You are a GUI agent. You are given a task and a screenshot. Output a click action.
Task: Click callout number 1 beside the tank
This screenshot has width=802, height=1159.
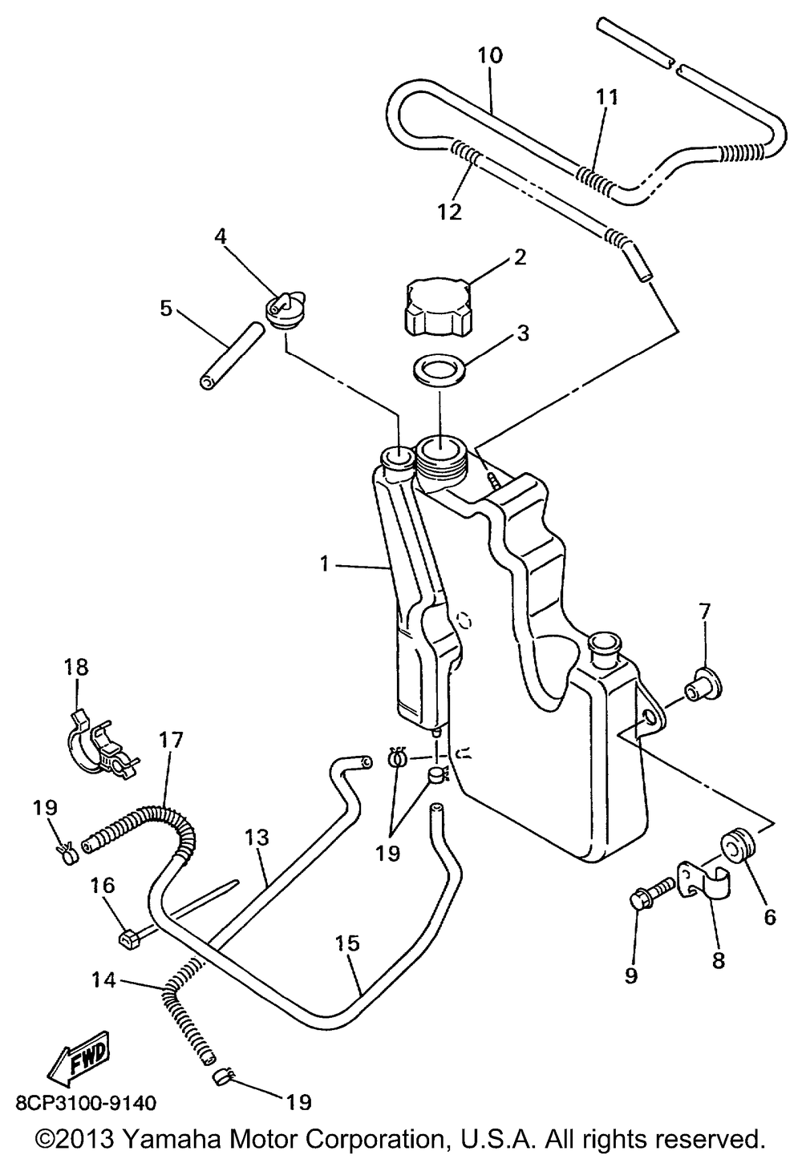point(324,565)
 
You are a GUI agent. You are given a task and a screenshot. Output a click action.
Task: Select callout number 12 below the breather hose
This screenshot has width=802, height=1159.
point(449,212)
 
